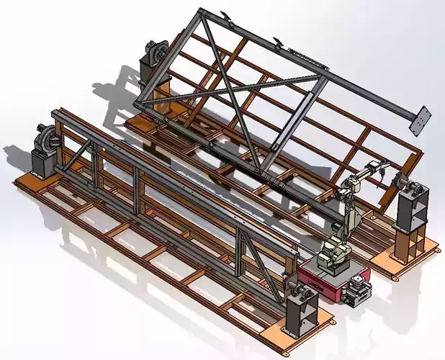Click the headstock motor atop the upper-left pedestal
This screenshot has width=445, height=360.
click(x=156, y=53)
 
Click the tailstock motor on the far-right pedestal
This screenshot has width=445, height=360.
click(x=412, y=185)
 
